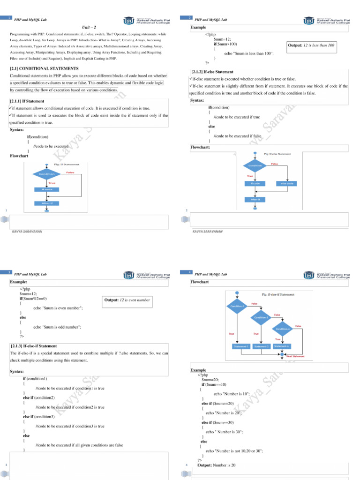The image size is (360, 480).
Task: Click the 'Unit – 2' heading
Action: (x=89, y=28)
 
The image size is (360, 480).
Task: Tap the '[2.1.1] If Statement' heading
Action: (x=28, y=101)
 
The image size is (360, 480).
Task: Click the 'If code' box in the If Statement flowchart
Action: (x=46, y=189)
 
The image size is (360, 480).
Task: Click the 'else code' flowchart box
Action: (x=286, y=183)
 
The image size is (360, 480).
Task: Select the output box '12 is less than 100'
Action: (x=311, y=45)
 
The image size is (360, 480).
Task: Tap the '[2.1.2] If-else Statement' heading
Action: (x=212, y=72)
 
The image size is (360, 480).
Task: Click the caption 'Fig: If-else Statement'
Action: (x=277, y=154)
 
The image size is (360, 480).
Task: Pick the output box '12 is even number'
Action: (x=127, y=300)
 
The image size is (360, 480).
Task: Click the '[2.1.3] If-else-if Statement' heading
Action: (x=37, y=346)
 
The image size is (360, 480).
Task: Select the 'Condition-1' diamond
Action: (x=238, y=306)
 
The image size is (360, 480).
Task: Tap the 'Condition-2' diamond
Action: (x=261, y=317)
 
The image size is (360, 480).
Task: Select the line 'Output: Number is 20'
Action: (x=216, y=465)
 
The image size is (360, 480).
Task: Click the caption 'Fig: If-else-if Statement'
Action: (x=278, y=294)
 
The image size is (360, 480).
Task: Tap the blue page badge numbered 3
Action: (x=9, y=272)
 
